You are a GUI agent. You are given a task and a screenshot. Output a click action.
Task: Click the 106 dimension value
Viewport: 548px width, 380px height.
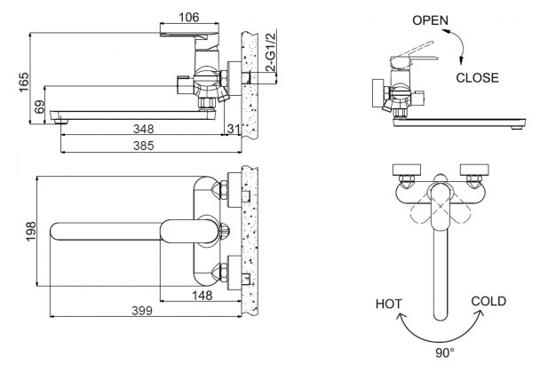point(188,17)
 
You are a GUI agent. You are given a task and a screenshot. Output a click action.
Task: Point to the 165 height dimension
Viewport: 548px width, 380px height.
point(24,83)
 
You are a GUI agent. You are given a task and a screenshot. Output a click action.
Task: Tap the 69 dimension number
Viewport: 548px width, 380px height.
point(40,107)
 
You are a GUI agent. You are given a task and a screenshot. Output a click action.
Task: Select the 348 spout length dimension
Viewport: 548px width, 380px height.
point(143,129)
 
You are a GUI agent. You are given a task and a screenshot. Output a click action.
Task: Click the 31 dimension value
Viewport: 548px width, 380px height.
point(233,129)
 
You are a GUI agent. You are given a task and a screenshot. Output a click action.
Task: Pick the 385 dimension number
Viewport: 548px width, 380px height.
point(143,146)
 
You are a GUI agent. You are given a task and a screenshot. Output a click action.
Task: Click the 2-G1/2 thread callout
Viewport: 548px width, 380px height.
point(271,51)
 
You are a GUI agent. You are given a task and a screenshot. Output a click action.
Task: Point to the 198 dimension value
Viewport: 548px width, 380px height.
point(31,231)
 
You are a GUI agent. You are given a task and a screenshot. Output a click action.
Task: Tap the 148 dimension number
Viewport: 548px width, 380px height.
point(202,296)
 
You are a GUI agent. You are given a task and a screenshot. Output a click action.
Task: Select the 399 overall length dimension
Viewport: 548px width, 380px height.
point(142,311)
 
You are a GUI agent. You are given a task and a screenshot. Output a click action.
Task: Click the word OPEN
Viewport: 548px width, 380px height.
point(430,20)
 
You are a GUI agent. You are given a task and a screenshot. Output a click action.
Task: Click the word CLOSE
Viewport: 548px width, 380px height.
point(477,77)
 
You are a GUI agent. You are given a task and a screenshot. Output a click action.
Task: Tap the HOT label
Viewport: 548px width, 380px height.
point(389,304)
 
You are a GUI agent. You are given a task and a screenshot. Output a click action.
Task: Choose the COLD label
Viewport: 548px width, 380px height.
point(488,301)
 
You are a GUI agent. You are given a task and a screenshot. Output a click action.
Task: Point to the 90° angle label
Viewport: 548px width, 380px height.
point(445,352)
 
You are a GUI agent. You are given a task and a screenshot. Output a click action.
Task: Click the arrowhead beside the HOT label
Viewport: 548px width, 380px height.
point(401,316)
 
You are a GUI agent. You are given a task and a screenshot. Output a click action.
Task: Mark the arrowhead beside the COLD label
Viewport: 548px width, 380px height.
point(480,313)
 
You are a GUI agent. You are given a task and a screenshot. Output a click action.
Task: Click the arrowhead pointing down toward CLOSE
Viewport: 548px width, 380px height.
point(461,60)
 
